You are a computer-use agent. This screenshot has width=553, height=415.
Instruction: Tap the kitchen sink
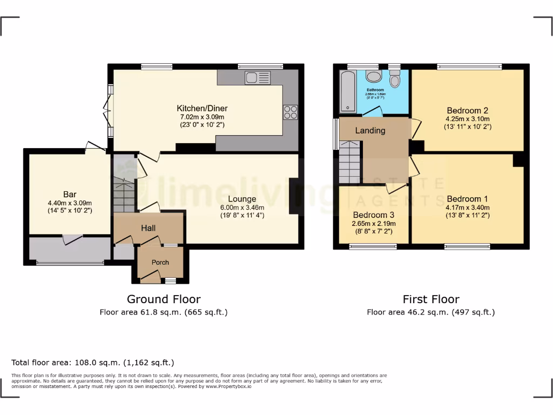(257, 78)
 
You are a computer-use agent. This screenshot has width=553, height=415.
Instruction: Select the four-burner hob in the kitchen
(291, 112)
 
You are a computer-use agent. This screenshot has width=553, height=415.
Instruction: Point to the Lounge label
(242, 199)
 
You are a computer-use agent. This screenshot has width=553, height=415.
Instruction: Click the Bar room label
(70, 195)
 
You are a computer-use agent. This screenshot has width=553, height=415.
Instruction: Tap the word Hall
(149, 229)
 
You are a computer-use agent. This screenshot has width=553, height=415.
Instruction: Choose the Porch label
(160, 263)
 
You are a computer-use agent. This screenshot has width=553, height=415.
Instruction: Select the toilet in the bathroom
(395, 81)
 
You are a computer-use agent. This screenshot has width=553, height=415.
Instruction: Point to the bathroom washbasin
(373, 76)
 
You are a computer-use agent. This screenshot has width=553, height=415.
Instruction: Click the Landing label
(370, 131)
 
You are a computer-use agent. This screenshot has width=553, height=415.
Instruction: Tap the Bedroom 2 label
(467, 110)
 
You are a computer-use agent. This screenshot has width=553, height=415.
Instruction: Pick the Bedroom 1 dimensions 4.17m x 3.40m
(467, 207)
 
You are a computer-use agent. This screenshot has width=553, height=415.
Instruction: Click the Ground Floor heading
(164, 299)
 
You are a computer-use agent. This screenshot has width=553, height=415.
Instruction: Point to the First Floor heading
(431, 299)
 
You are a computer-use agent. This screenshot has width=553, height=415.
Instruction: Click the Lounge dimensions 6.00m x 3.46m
(242, 207)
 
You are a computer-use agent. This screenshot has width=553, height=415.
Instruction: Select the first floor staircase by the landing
(349, 162)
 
